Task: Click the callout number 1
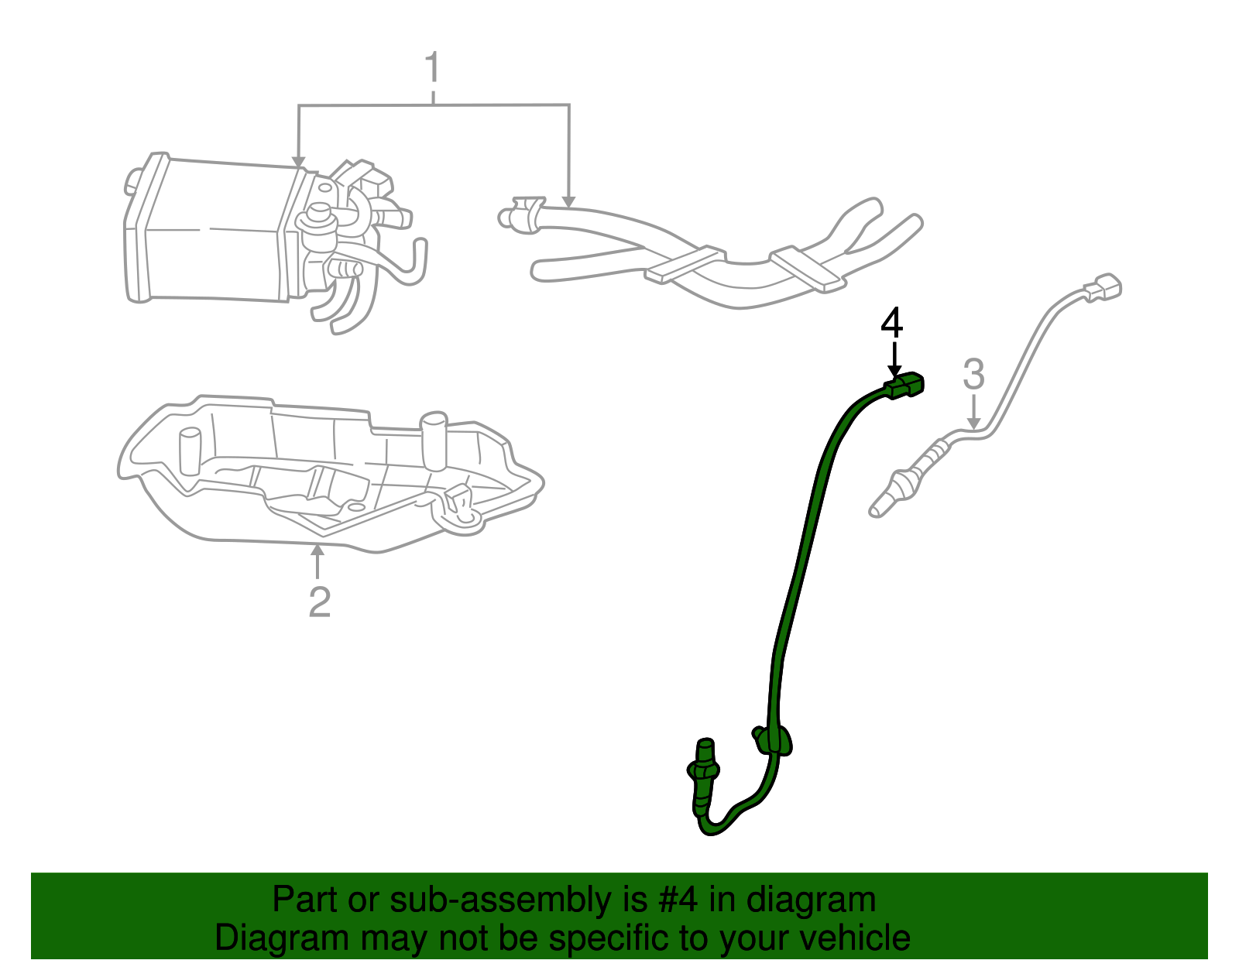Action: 432,70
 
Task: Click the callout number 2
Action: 319,602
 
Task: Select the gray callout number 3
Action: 973,375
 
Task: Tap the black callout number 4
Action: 892,324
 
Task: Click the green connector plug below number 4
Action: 905,385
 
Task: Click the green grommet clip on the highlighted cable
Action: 774,740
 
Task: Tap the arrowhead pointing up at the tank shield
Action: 317,550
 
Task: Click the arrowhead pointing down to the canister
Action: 298,162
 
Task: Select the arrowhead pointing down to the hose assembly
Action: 569,202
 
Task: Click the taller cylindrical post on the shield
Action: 434,441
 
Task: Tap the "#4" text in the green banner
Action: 678,900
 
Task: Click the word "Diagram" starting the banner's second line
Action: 271,938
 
